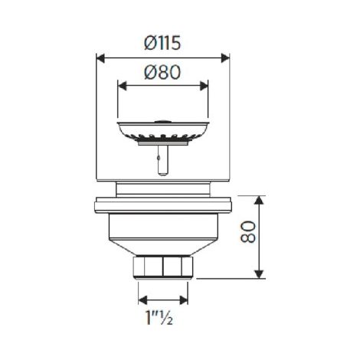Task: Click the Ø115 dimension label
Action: pyautogui.click(x=162, y=43)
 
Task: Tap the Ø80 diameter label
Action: pyautogui.click(x=162, y=72)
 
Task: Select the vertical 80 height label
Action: pyautogui.click(x=248, y=232)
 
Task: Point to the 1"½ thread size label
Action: pyautogui.click(x=159, y=317)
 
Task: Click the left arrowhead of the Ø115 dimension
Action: pyautogui.click(x=100, y=58)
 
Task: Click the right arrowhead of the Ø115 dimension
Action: pyautogui.click(x=225, y=58)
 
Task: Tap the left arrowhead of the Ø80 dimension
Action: pyautogui.click(x=122, y=86)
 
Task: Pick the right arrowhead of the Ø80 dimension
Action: pyautogui.click(x=204, y=86)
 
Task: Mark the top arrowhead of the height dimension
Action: pyautogui.click(x=259, y=200)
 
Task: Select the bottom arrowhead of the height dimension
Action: pyautogui.click(x=259, y=274)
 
